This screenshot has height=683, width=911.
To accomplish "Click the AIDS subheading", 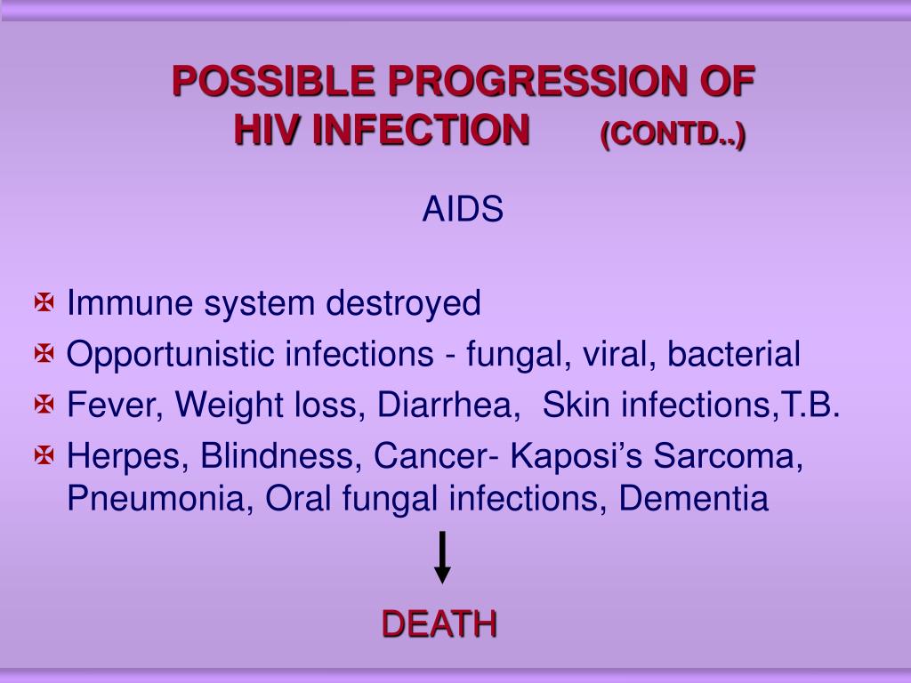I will tap(463, 211).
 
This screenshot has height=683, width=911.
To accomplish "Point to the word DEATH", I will tap(439, 624).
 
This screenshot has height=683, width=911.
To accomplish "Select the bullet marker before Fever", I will tap(44, 406).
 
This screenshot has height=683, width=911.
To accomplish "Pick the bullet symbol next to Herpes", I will tap(44, 457).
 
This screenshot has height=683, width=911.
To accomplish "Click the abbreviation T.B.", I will tap(810, 406).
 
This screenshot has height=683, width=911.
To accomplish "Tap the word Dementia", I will tap(694, 499).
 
